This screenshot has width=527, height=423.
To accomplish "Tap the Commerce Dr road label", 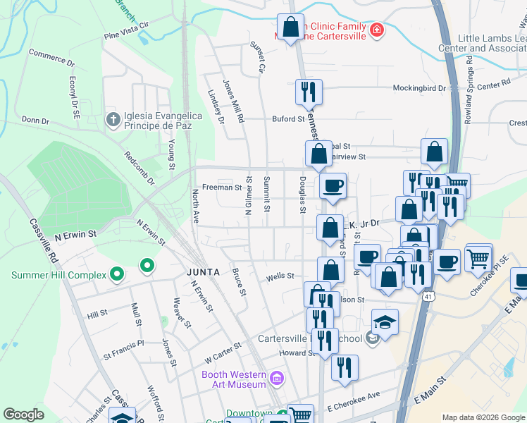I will [51, 56].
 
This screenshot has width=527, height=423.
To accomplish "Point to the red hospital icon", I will [378, 30].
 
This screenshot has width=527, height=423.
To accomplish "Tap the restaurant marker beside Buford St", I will [309, 92].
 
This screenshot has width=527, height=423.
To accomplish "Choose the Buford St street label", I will [287, 119].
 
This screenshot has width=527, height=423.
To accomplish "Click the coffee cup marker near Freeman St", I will [333, 187].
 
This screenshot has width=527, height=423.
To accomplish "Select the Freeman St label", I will [222, 188].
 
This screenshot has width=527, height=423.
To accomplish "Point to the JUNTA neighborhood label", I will [204, 271].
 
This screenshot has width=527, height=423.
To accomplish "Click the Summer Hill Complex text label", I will [54, 274].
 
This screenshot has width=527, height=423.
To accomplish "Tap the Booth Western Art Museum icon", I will [278, 379].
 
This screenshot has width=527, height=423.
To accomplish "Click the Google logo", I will [24, 415].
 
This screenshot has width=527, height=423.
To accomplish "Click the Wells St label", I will [280, 277].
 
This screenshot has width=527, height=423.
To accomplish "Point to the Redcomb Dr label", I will [139, 167].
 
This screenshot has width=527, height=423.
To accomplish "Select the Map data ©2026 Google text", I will [483, 417].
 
